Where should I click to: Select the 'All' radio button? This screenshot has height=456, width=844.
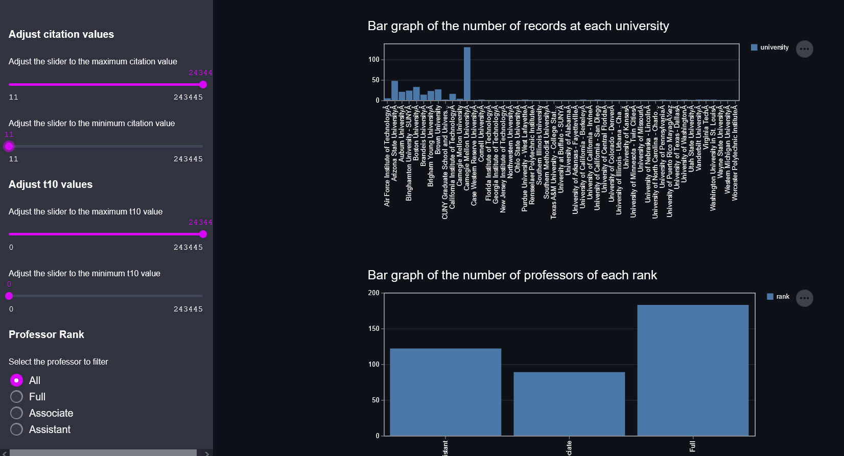click(x=17, y=380)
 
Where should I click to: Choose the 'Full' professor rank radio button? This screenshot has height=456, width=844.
click(x=17, y=397)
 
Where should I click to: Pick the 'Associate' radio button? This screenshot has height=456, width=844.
click(x=17, y=413)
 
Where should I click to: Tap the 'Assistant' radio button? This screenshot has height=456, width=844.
click(x=17, y=429)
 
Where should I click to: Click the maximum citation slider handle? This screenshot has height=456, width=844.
click(x=203, y=85)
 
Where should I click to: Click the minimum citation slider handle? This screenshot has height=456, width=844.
click(x=9, y=147)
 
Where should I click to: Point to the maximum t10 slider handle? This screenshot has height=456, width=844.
click(x=203, y=234)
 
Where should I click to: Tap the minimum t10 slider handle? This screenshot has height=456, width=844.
click(x=9, y=296)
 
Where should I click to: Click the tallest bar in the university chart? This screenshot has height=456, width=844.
click(x=467, y=74)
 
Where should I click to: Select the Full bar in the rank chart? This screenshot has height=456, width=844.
click(x=693, y=370)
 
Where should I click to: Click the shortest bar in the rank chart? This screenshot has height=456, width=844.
click(x=569, y=403)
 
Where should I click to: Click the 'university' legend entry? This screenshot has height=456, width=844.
click(x=770, y=47)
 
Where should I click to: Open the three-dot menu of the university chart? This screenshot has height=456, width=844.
click(x=805, y=49)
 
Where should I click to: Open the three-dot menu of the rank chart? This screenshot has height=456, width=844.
click(x=805, y=298)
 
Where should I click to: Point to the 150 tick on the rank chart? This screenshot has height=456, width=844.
click(x=374, y=329)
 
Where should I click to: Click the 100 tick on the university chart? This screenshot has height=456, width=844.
click(x=374, y=60)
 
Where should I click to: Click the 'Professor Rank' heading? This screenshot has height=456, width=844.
click(x=46, y=334)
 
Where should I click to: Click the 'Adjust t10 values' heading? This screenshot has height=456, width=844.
click(x=51, y=184)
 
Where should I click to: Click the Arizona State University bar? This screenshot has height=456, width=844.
click(x=394, y=90)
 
